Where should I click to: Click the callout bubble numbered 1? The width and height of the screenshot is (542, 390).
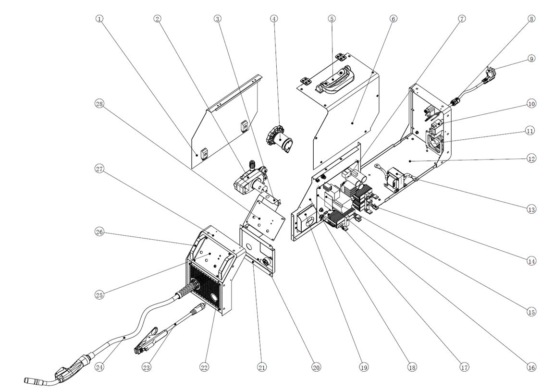[99, 19]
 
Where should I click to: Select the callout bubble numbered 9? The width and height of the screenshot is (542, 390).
[531, 59]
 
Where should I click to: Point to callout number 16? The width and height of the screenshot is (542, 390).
[531, 367]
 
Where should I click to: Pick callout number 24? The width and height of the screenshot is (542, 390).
[99, 367]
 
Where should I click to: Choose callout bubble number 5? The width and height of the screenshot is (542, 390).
[332, 19]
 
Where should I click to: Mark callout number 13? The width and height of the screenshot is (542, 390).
[531, 209]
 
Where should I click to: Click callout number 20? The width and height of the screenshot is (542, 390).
[316, 367]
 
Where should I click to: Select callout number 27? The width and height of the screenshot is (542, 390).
[99, 169]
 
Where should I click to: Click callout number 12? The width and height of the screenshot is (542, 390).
[531, 158]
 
